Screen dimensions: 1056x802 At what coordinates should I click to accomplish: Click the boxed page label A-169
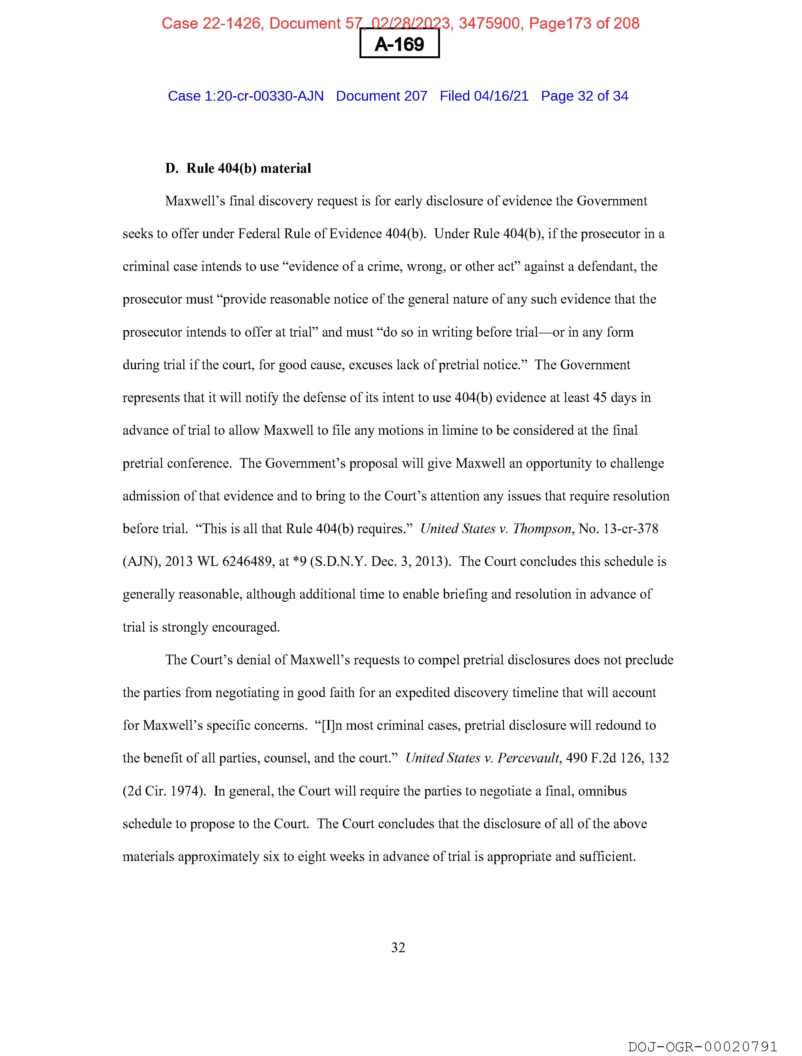coord(399,44)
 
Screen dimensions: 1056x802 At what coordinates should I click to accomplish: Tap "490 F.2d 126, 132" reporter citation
coord(617,758)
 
